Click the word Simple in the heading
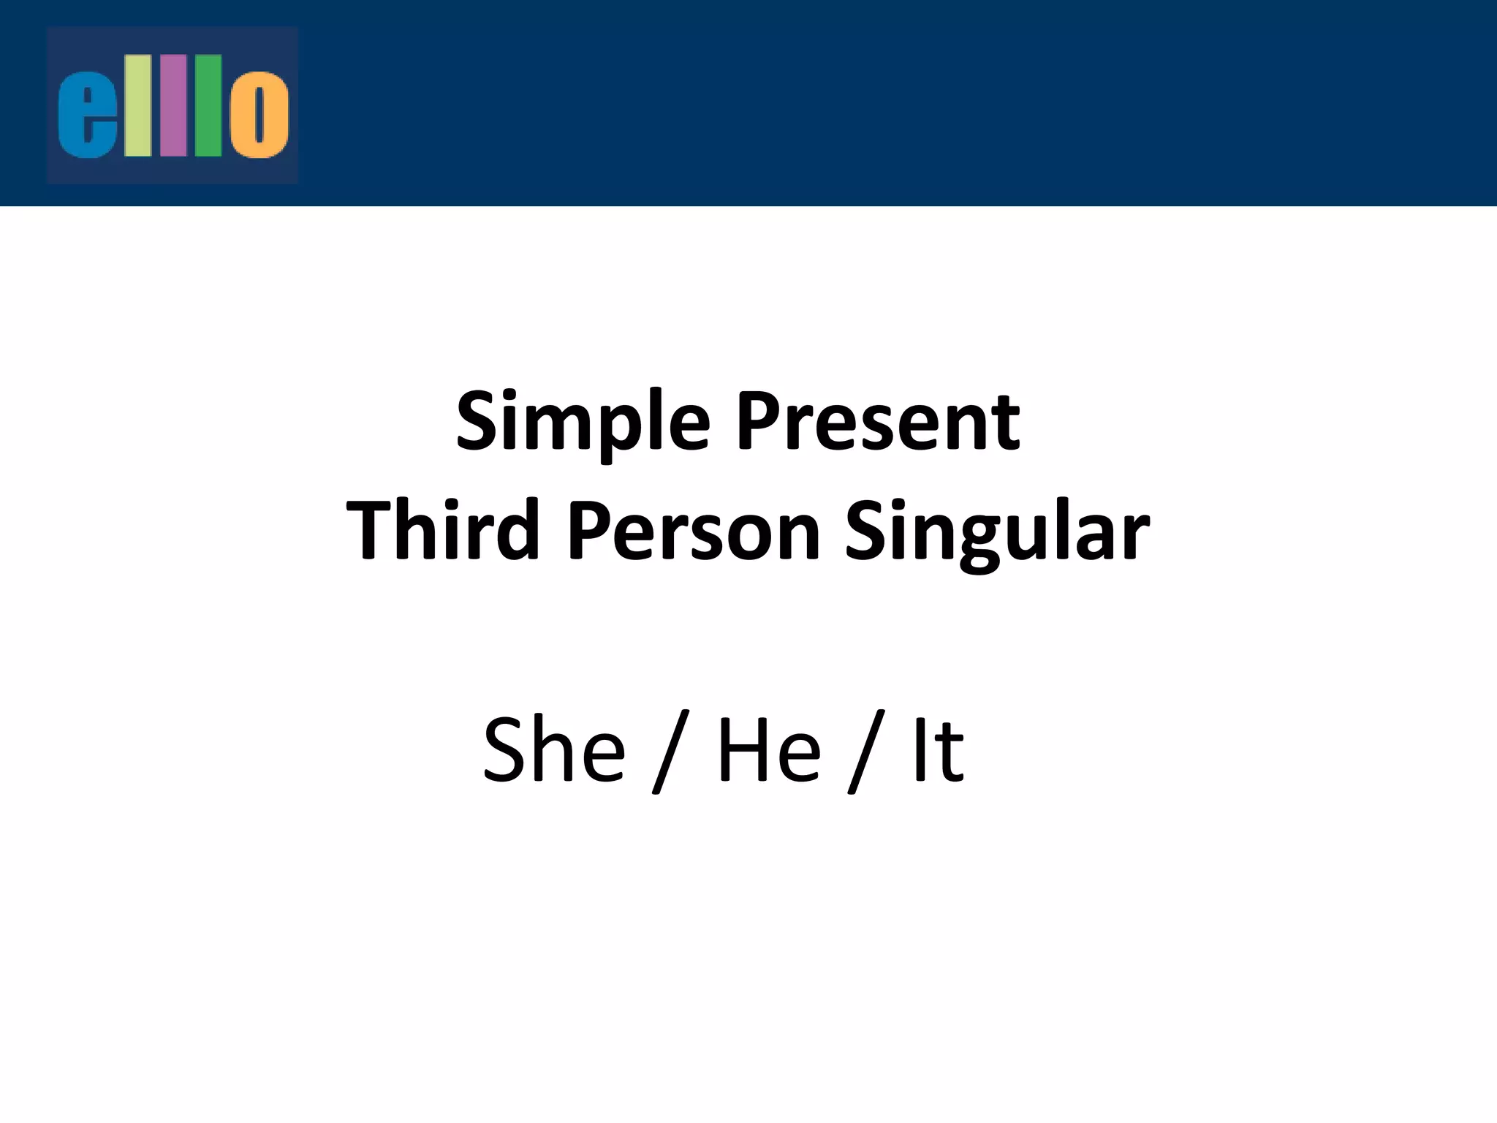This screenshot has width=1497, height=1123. (583, 422)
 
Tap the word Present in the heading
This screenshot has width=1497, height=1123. (877, 422)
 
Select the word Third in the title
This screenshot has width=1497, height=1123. (442, 530)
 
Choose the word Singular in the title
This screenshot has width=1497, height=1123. (997, 530)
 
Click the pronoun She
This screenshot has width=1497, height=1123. (554, 749)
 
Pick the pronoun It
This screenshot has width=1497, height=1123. (938, 749)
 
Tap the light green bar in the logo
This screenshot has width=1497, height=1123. (137, 106)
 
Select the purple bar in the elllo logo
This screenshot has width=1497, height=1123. (173, 106)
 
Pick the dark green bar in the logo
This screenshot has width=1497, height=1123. (208, 106)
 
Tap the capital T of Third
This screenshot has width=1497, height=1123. (372, 529)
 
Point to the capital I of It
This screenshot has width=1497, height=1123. (919, 749)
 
